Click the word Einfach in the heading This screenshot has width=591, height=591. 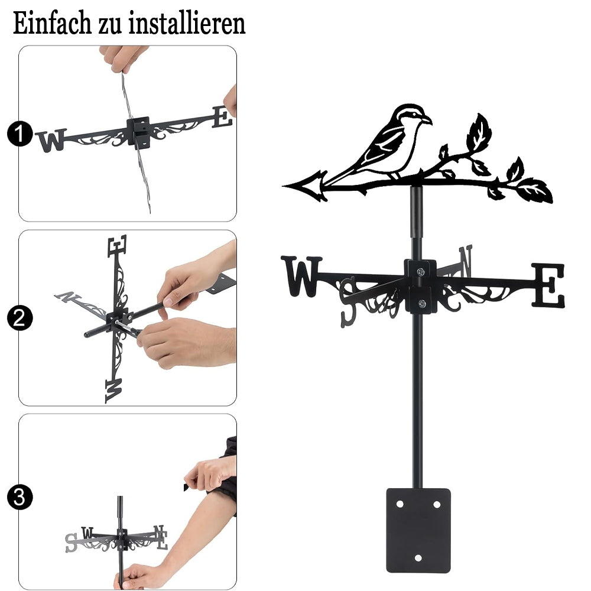52,23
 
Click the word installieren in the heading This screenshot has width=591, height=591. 187,23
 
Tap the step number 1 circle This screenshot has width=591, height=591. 20,134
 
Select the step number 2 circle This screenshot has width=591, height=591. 20,318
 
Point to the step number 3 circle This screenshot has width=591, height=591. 20,497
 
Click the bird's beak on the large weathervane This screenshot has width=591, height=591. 427,120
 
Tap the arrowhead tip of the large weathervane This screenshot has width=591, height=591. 284,186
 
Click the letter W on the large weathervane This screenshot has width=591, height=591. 301,276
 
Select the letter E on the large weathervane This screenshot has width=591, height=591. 548,285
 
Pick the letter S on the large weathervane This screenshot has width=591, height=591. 348,301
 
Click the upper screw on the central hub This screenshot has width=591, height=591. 421,271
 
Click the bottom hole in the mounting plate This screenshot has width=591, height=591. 418,558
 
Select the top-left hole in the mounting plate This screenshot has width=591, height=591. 400,504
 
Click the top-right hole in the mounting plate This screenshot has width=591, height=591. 437,504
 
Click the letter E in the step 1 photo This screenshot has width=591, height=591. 222,116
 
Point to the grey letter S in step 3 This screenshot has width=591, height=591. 71,543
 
